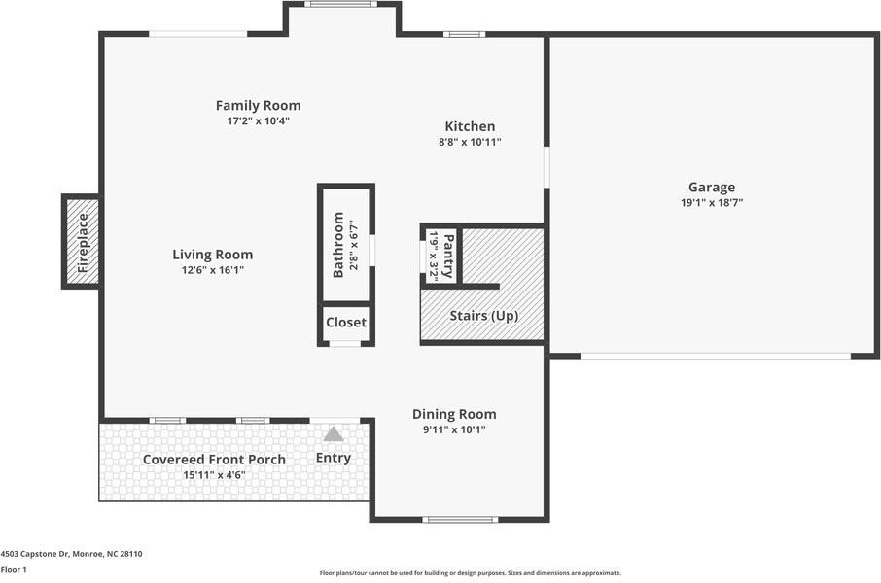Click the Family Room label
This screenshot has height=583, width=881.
click(258, 106)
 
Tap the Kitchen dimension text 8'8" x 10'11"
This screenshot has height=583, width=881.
click(470, 142)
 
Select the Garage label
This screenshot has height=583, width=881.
click(712, 188)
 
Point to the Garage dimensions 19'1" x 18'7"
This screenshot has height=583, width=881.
click(712, 203)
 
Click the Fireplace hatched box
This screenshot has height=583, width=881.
click(82, 242)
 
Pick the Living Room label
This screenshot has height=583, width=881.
click(212, 255)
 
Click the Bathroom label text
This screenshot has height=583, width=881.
click(338, 244)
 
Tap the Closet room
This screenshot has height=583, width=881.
click(346, 323)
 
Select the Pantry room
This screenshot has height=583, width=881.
click(441, 256)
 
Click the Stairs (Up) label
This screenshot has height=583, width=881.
click(483, 316)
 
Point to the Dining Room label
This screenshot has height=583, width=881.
click(454, 415)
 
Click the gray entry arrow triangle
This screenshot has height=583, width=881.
click(334, 433)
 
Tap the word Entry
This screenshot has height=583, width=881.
click(334, 458)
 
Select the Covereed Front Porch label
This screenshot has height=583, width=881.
click(214, 460)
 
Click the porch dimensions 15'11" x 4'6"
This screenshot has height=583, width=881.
click(214, 475)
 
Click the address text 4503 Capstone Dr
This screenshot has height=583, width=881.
click(35, 554)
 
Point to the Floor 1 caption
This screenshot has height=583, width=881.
click(14, 570)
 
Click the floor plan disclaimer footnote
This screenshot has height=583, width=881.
click(471, 573)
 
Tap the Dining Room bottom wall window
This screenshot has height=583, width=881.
click(460, 520)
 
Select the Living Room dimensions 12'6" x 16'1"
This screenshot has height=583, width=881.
click(212, 270)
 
